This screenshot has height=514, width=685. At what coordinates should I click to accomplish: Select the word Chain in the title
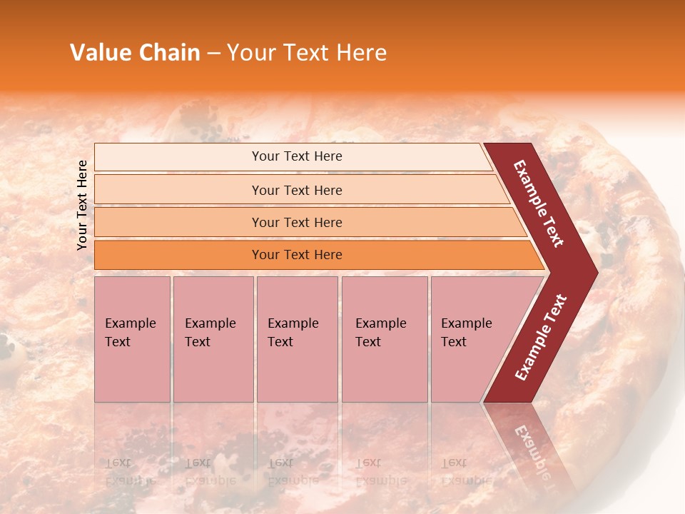[x=169, y=53]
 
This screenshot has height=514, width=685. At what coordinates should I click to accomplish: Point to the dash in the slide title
[x=213, y=54]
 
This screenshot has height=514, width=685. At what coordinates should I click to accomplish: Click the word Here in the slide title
[x=361, y=53]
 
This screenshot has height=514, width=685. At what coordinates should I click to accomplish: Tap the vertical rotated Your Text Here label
[x=82, y=205]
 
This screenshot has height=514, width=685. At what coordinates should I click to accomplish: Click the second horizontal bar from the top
[x=296, y=190]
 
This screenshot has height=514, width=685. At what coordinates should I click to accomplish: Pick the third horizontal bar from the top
[x=296, y=222]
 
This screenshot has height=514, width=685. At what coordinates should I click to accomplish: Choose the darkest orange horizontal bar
[x=296, y=255]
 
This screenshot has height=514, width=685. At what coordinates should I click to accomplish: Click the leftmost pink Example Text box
[x=132, y=339]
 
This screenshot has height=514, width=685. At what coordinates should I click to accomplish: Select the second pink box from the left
[x=213, y=339]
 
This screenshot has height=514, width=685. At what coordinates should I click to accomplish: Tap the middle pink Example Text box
[x=297, y=339]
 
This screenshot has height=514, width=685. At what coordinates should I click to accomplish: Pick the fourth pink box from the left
[x=384, y=339]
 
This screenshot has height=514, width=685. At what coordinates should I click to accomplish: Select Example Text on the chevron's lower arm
[x=541, y=337]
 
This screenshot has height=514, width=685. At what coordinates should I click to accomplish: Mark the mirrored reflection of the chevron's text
[x=532, y=450]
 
